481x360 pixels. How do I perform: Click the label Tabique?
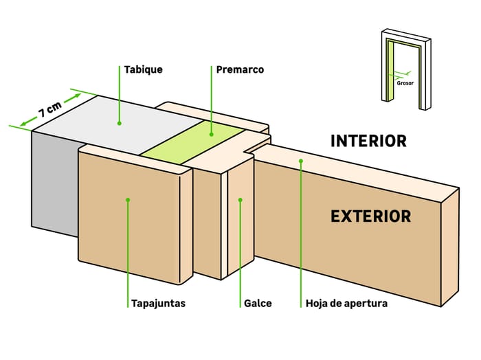tap(143, 69)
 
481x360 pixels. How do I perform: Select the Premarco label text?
tap(240, 69)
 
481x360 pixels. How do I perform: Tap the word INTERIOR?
tap(368, 141)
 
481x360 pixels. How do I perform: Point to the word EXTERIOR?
tap(370, 216)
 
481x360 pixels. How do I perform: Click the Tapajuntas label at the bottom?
tap(158, 303)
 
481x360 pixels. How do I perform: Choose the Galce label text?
tap(257, 303)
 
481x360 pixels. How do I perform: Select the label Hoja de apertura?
tap(346, 303)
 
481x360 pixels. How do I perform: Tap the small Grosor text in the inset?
tap(405, 82)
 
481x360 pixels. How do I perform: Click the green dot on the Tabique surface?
tap(119, 124)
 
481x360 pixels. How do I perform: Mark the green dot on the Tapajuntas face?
tap(128, 200)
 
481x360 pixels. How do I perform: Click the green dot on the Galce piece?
tap(240, 200)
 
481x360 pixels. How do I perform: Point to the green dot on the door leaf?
tap(301, 161)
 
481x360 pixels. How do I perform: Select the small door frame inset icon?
tap(406, 69)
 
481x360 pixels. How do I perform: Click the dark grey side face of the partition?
tap(55, 185)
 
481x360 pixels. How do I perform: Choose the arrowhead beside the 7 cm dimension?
tap(23, 124)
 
